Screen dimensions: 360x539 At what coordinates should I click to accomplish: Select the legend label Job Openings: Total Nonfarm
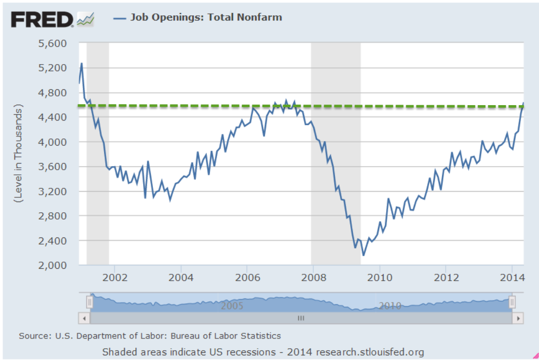tap(205, 17)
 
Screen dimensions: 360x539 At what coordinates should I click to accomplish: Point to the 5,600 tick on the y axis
tap(53, 43)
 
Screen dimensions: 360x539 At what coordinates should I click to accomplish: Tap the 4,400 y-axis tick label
tap(53, 117)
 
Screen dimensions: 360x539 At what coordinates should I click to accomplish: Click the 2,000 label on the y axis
tap(53, 265)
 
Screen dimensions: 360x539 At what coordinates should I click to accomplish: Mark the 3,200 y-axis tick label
tap(53, 191)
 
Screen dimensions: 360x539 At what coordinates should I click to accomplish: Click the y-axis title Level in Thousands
tap(19, 154)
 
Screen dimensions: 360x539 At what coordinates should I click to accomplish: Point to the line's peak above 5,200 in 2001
tap(82, 64)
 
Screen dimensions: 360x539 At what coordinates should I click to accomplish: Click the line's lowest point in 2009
tap(364, 255)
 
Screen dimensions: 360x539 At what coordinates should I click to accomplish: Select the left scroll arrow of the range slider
tap(84, 318)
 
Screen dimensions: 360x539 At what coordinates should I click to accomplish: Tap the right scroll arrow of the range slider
tap(518, 318)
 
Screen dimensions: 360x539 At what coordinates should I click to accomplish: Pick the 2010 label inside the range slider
tap(389, 306)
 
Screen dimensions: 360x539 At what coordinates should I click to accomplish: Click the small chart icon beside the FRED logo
tap(86, 19)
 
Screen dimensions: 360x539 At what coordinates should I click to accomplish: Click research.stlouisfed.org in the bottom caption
tap(370, 352)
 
